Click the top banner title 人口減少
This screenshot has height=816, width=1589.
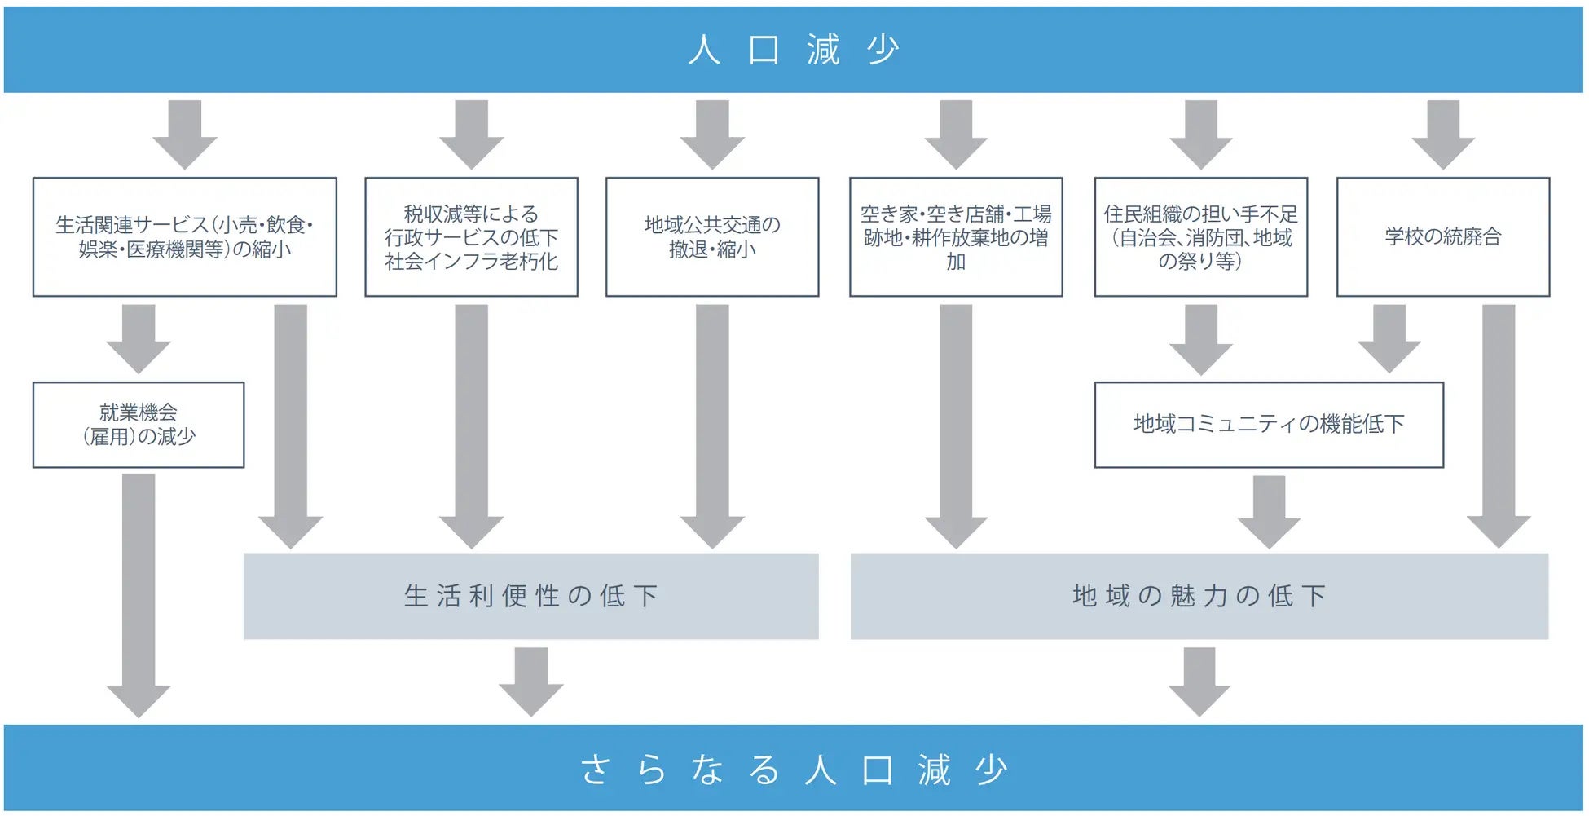[x=794, y=50]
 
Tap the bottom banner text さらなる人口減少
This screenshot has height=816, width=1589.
[x=794, y=769]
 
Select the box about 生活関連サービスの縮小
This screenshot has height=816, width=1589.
[x=184, y=236]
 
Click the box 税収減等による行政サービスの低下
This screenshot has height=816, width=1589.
[x=471, y=236]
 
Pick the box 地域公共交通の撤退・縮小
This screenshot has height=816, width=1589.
[x=712, y=236]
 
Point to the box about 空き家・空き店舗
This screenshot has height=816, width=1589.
[x=955, y=236]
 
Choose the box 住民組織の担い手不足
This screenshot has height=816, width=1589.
[x=1200, y=236]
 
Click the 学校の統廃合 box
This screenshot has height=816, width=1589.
[x=1442, y=236]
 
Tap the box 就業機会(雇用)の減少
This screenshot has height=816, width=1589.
[x=139, y=425]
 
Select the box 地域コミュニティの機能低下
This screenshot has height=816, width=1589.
[x=1269, y=425]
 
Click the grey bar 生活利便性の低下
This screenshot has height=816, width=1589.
[x=530, y=596]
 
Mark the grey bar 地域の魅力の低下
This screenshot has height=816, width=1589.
[x=1199, y=596]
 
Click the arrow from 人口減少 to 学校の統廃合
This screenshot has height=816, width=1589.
[x=1443, y=135]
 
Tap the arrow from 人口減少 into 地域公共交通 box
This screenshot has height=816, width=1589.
[x=712, y=135]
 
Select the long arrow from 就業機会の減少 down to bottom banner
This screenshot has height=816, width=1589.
[x=139, y=595]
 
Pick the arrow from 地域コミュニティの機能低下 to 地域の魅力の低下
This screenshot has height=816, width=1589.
[x=1269, y=512]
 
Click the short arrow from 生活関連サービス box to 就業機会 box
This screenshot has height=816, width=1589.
[x=139, y=338]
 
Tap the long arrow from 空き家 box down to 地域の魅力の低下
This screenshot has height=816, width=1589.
[x=956, y=424]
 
